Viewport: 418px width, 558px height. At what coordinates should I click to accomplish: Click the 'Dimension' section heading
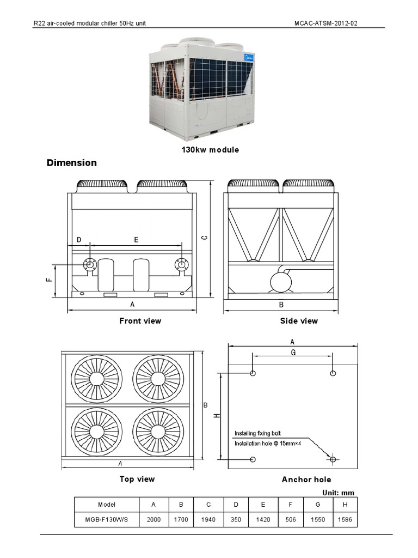tap(72, 163)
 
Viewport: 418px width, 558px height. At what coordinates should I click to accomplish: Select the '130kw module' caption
tap(210, 149)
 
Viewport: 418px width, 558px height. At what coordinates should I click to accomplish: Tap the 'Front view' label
tap(140, 321)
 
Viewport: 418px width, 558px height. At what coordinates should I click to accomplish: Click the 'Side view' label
tap(299, 321)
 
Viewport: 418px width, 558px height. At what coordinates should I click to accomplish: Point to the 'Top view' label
tap(137, 479)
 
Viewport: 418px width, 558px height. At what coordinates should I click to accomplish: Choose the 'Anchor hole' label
tap(306, 480)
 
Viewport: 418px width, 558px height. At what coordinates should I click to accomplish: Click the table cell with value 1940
tap(208, 520)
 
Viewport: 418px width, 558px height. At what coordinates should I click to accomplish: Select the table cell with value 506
tap(291, 520)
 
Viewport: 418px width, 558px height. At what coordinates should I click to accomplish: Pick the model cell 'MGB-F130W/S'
tap(107, 520)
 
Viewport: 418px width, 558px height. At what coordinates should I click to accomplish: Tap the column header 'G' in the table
tap(318, 505)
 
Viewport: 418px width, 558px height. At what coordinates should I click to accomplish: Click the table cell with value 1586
tap(345, 520)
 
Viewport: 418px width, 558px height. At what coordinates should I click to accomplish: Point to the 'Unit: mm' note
tap(339, 493)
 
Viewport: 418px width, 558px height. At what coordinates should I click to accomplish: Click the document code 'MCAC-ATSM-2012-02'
tap(328, 24)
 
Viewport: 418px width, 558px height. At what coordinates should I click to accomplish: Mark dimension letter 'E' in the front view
tap(136, 240)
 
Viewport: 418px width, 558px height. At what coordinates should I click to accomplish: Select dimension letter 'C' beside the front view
tap(204, 237)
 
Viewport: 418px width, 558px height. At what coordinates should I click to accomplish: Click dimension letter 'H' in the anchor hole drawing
tap(217, 416)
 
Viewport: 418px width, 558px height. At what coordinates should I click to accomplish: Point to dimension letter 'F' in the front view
tap(48, 280)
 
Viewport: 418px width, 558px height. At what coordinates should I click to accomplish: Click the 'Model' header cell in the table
tap(107, 505)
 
